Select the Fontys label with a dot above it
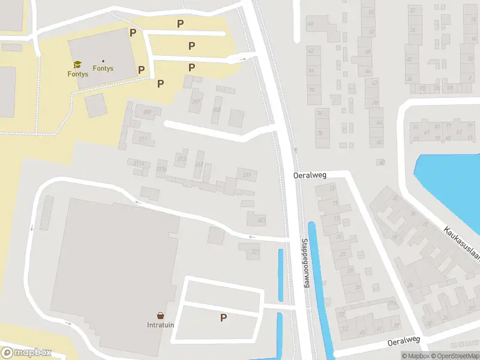coord(103,68)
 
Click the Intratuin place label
coord(160,325)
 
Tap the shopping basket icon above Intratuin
coord(160,316)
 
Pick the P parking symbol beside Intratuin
coord(223,318)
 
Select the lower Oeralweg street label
coord(403,340)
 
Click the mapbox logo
coord(25,353)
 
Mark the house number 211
coord(142,139)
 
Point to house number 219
coord(247,175)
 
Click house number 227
coord(255,251)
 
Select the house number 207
coord(196,101)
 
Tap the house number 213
coord(181,158)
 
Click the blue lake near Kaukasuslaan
coord(450,180)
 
